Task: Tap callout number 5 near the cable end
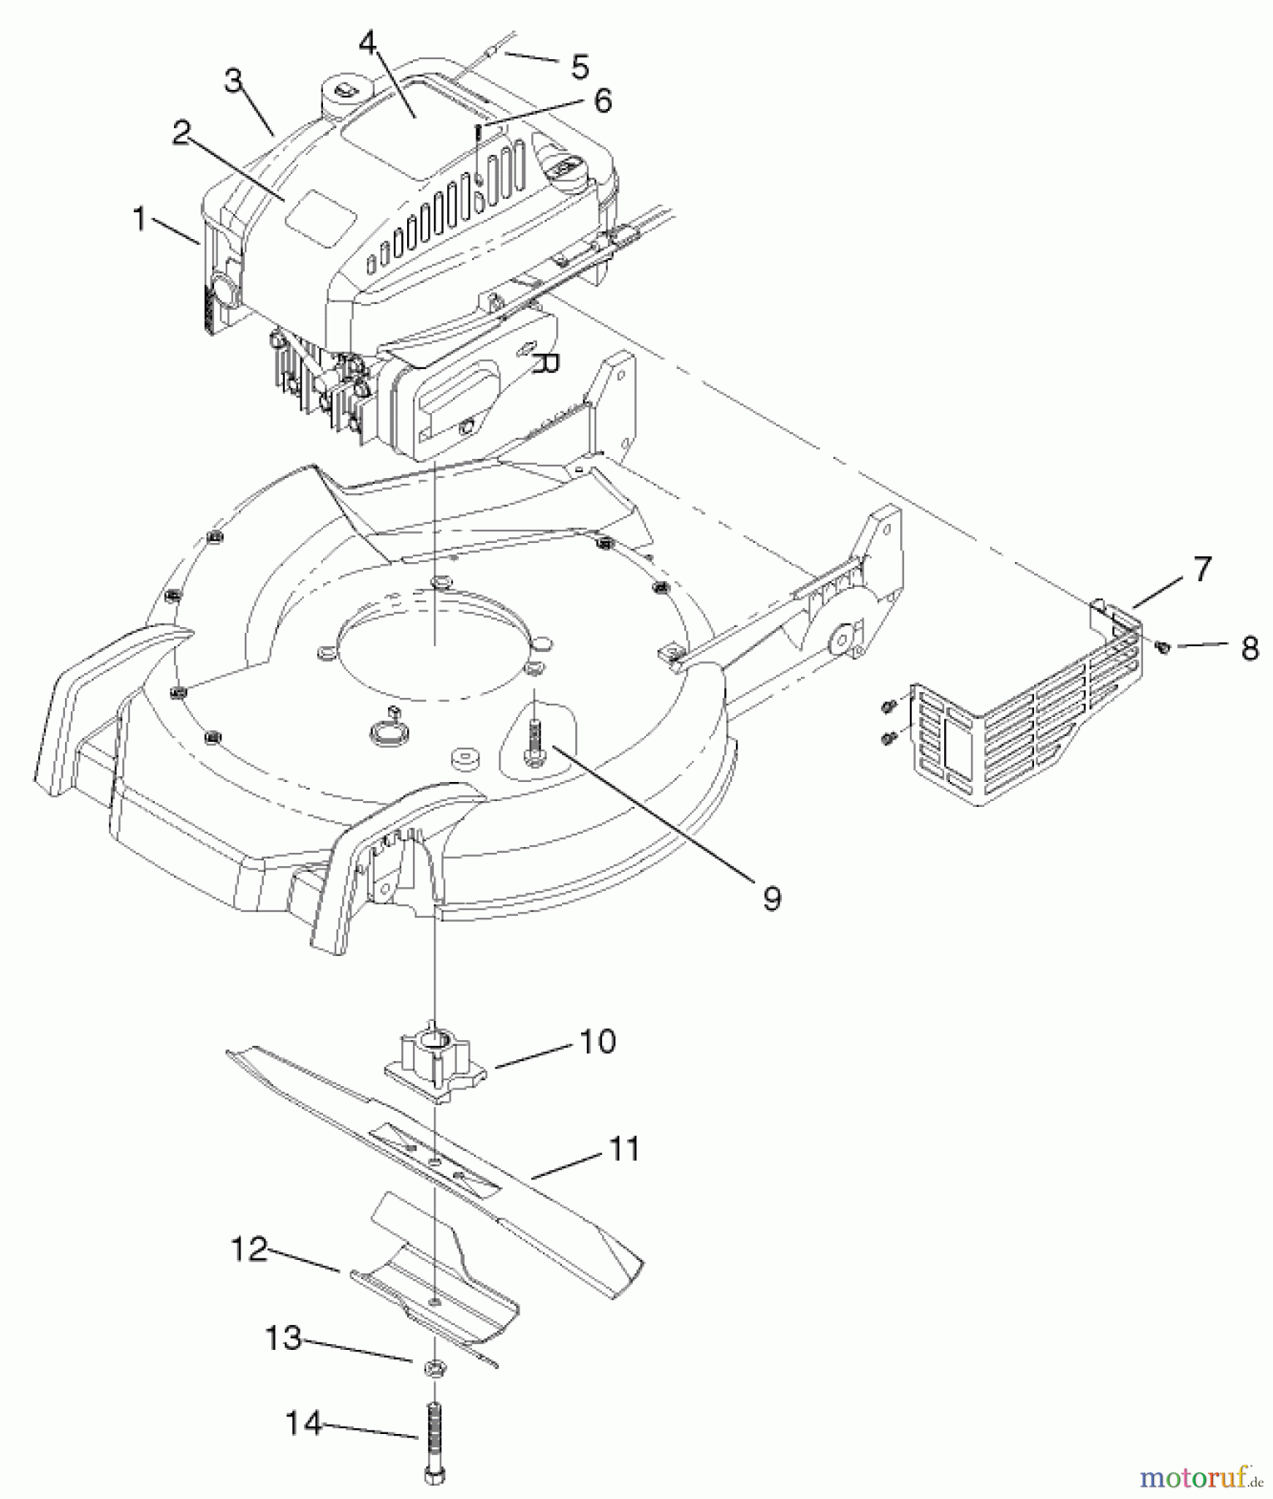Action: (x=579, y=67)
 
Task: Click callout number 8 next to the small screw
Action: (x=1249, y=649)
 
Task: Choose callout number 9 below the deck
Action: (x=772, y=897)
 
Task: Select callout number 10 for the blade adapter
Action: (x=596, y=1042)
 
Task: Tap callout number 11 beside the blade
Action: (x=624, y=1149)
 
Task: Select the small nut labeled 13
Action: (x=435, y=1368)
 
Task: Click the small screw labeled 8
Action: (x=1164, y=646)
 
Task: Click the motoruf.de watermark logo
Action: (x=1199, y=1477)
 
